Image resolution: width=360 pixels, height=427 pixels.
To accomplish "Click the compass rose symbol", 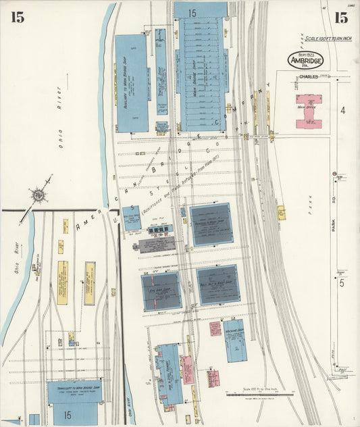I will coord(38,196).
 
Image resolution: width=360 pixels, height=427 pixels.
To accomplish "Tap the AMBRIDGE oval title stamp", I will coord(306,60).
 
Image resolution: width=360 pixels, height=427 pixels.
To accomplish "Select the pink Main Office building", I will coord(309,110).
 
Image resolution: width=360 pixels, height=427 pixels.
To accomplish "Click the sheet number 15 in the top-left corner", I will coord(17,18).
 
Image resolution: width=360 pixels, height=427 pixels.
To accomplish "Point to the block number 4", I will coord(342,110).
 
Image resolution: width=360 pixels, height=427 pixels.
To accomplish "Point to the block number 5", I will coord(342,282).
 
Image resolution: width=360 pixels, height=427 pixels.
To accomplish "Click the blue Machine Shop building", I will coord(235,341).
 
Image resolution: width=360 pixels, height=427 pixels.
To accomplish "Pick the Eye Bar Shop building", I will coord(161,291).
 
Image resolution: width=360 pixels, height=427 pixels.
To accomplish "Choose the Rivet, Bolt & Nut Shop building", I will coord(218,284).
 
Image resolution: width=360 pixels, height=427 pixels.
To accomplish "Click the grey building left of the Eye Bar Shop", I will coord(157,245).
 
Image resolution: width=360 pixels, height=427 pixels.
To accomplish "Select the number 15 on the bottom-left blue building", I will coord(68,413).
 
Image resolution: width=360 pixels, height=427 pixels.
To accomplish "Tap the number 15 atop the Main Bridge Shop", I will coord(192,13).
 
